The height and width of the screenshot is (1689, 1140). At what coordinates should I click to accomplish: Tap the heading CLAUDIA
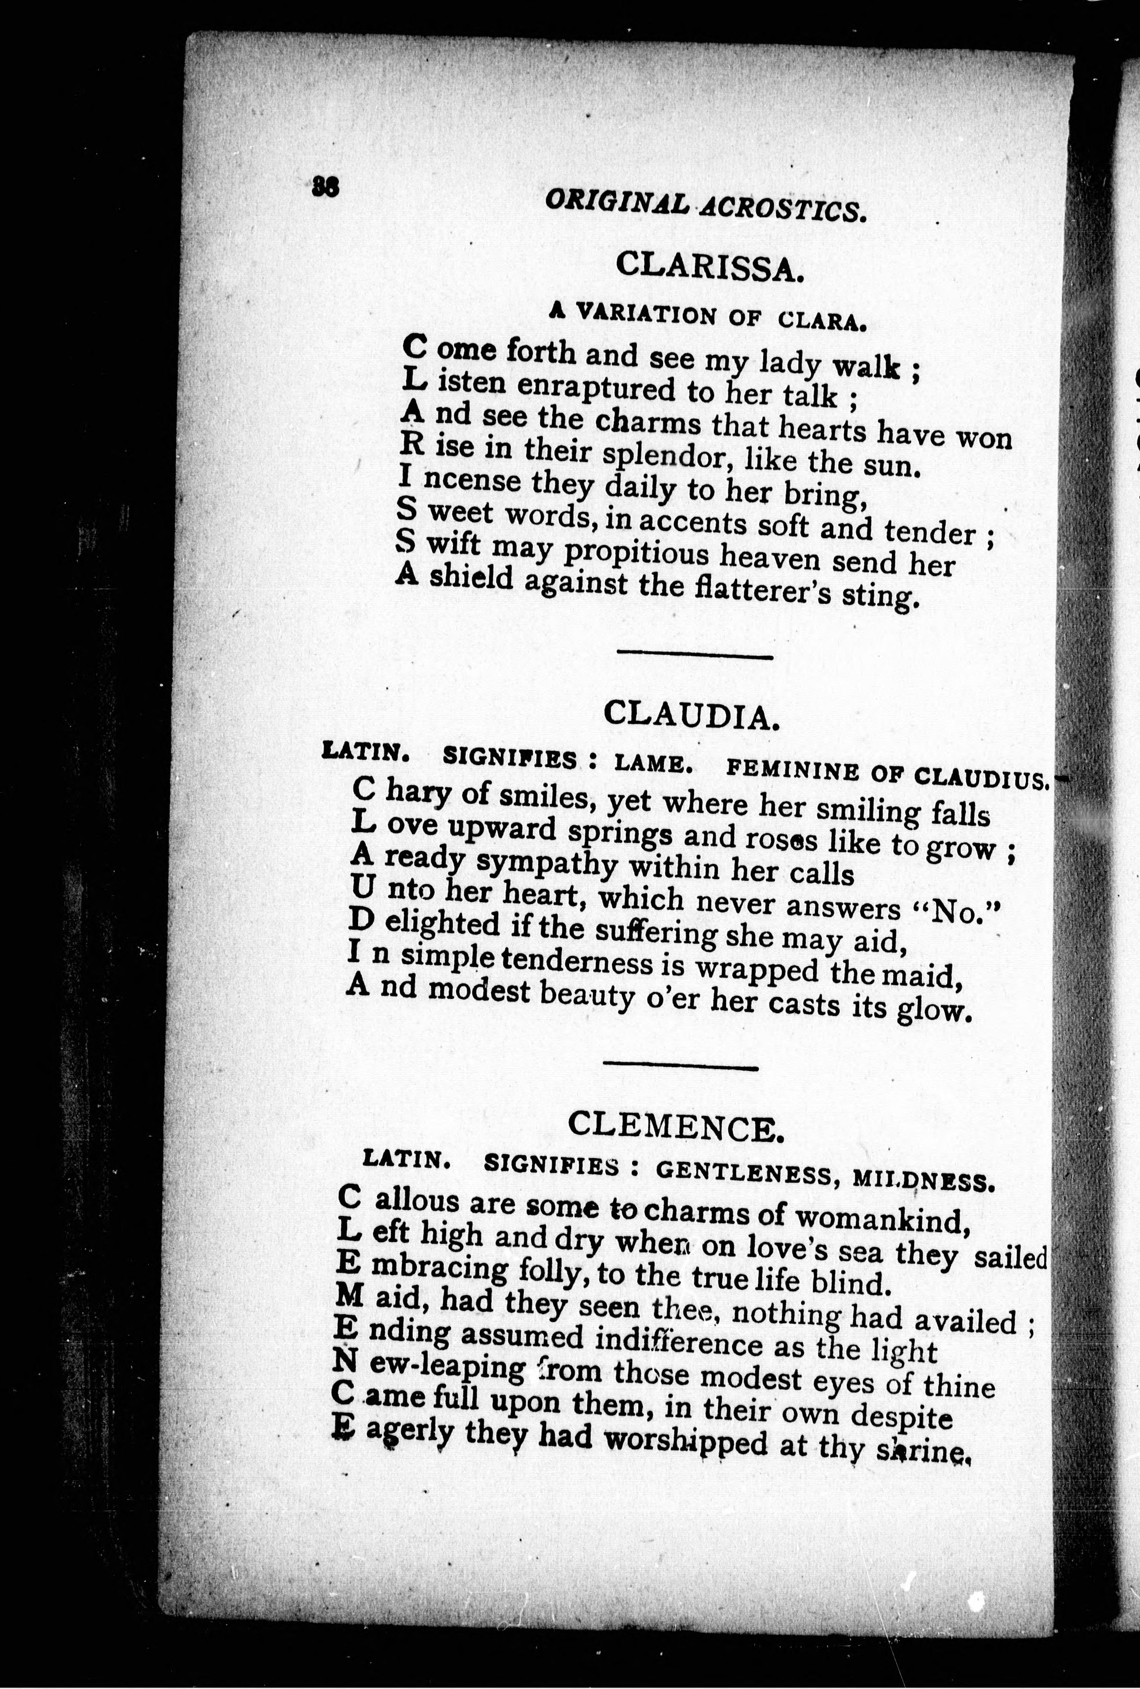click(x=692, y=716)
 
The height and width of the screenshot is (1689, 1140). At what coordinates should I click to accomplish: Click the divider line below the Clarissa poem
click(x=694, y=656)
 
